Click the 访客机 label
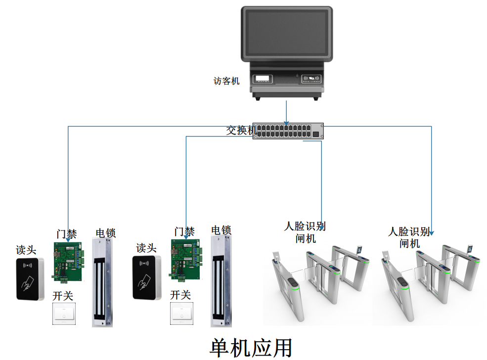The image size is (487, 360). [x=226, y=81]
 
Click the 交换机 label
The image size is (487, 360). [x=240, y=131]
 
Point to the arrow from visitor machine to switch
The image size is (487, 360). [x=286, y=112]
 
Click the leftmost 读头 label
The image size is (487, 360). [x=26, y=250]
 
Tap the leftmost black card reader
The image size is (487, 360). [x=30, y=279]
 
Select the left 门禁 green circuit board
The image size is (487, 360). [x=68, y=263]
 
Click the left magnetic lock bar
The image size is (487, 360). [x=103, y=282]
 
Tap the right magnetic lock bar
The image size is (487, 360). [x=221, y=280]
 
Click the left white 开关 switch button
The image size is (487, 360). [x=64, y=315]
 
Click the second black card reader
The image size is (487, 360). [x=147, y=278]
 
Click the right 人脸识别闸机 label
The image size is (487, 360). [x=409, y=237]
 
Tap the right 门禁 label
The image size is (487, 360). [x=184, y=231]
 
